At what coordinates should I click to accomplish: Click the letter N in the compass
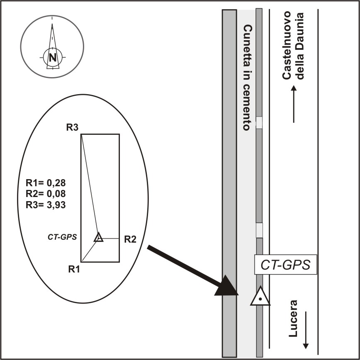click(x=53, y=57)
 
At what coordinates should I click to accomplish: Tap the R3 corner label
click(x=72, y=127)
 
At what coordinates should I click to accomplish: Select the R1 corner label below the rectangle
click(x=74, y=269)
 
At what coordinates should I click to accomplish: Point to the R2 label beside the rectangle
click(x=130, y=239)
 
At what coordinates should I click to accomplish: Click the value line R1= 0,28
click(x=46, y=183)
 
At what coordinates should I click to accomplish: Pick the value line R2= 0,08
click(x=46, y=194)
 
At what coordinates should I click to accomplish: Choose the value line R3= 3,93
click(x=46, y=205)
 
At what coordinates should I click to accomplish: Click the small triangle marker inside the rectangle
click(x=98, y=237)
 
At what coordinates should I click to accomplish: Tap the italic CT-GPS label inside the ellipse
click(x=62, y=237)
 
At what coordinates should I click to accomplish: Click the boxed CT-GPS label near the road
click(x=286, y=265)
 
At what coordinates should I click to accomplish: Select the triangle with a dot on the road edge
click(x=260, y=296)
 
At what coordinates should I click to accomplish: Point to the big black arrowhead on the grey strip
click(x=226, y=285)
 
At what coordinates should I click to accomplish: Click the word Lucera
click(x=293, y=319)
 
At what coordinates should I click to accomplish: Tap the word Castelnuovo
click(x=287, y=45)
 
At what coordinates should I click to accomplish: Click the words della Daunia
click(x=299, y=46)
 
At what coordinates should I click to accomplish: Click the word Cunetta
click(x=248, y=46)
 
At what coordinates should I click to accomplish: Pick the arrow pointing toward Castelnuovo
click(x=294, y=104)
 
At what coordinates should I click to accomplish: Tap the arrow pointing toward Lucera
click(x=306, y=330)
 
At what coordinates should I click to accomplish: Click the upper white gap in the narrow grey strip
click(x=259, y=123)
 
